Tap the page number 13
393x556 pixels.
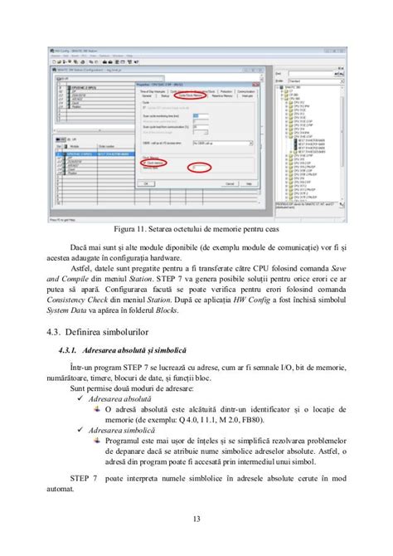coord(196,519)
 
